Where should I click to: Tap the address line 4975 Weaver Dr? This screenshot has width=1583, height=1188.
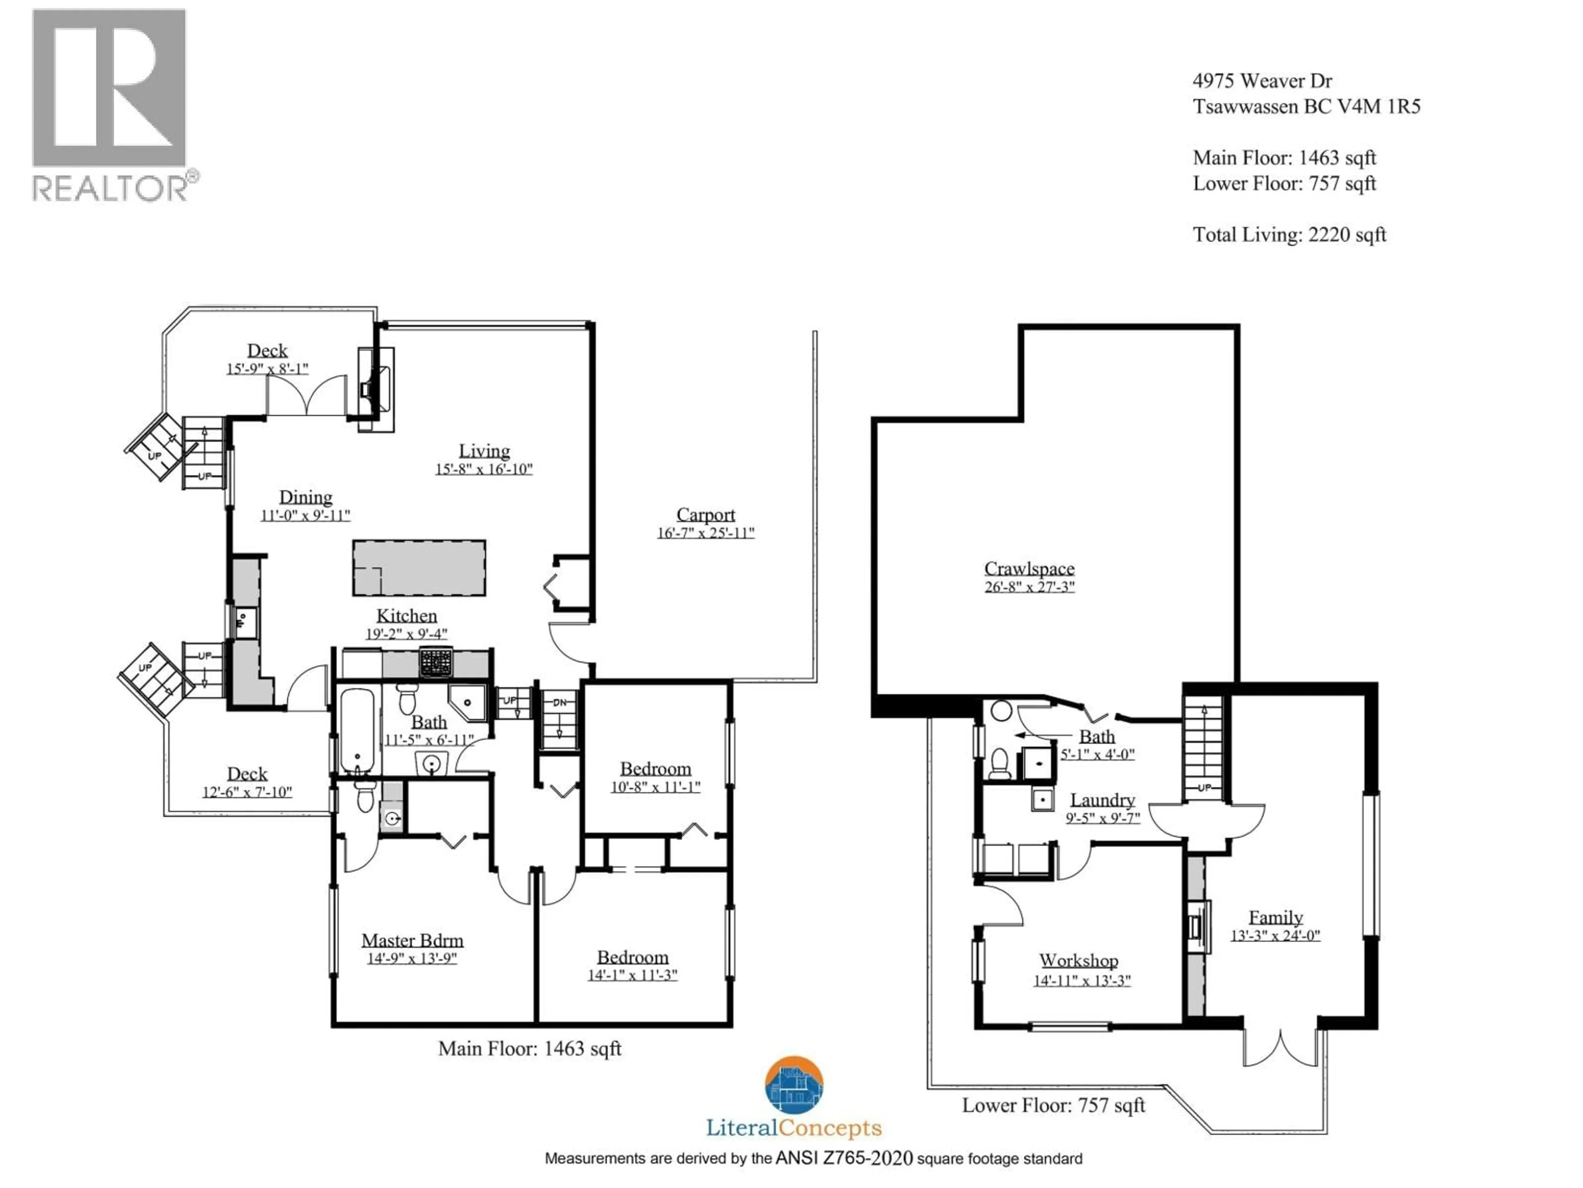[x=1262, y=81]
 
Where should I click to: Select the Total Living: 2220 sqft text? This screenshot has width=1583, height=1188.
[x=1289, y=235]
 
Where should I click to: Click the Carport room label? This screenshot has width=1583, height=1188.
[x=706, y=515]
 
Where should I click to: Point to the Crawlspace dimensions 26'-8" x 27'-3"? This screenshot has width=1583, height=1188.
[x=1029, y=587]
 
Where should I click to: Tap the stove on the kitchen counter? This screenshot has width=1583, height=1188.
[x=436, y=662]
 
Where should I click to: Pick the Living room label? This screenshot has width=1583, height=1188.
[x=484, y=451]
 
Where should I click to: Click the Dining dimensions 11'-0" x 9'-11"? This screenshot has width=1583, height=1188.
[x=305, y=516]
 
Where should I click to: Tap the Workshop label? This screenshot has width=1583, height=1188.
[x=1078, y=960]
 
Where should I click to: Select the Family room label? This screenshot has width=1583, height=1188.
[x=1275, y=917]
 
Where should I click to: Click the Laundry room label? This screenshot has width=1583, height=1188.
[x=1102, y=800]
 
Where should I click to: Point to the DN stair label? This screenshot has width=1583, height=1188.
[x=560, y=702]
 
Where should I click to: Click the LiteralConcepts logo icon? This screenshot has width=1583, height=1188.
[x=794, y=1085]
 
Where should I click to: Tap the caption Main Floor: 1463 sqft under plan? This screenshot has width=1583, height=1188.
[x=530, y=1049]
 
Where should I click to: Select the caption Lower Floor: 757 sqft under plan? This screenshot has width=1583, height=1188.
[x=1053, y=1105]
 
